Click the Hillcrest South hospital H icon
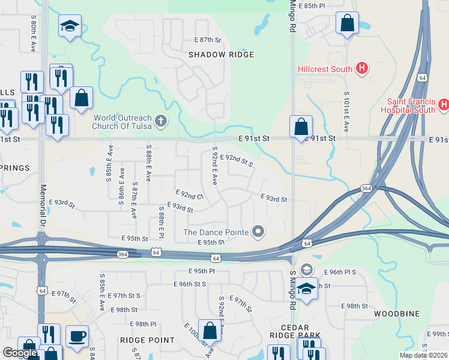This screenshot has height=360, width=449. point(361,68)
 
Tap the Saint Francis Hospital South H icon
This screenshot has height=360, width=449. point(444,105)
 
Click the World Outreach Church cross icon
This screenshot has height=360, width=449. point(160,122)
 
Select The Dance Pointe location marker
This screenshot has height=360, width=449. point(258,231)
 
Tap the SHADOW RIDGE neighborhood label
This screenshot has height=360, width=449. point(221,55)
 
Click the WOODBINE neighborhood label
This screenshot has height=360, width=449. point(396,314)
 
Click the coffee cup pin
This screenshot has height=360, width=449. point(76,335)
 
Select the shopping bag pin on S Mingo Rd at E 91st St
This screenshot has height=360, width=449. point(301,127)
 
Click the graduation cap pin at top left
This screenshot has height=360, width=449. point(70,26)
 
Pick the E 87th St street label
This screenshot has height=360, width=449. point(208,40)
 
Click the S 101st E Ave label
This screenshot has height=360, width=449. point(346,112)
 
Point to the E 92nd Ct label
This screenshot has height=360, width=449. point(190,195)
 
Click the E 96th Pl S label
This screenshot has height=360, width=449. point(340,272)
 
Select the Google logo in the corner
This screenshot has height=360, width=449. point(19,353)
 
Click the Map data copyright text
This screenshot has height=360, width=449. point(423,355)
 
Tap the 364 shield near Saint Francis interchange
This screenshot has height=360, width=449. point(366,188)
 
